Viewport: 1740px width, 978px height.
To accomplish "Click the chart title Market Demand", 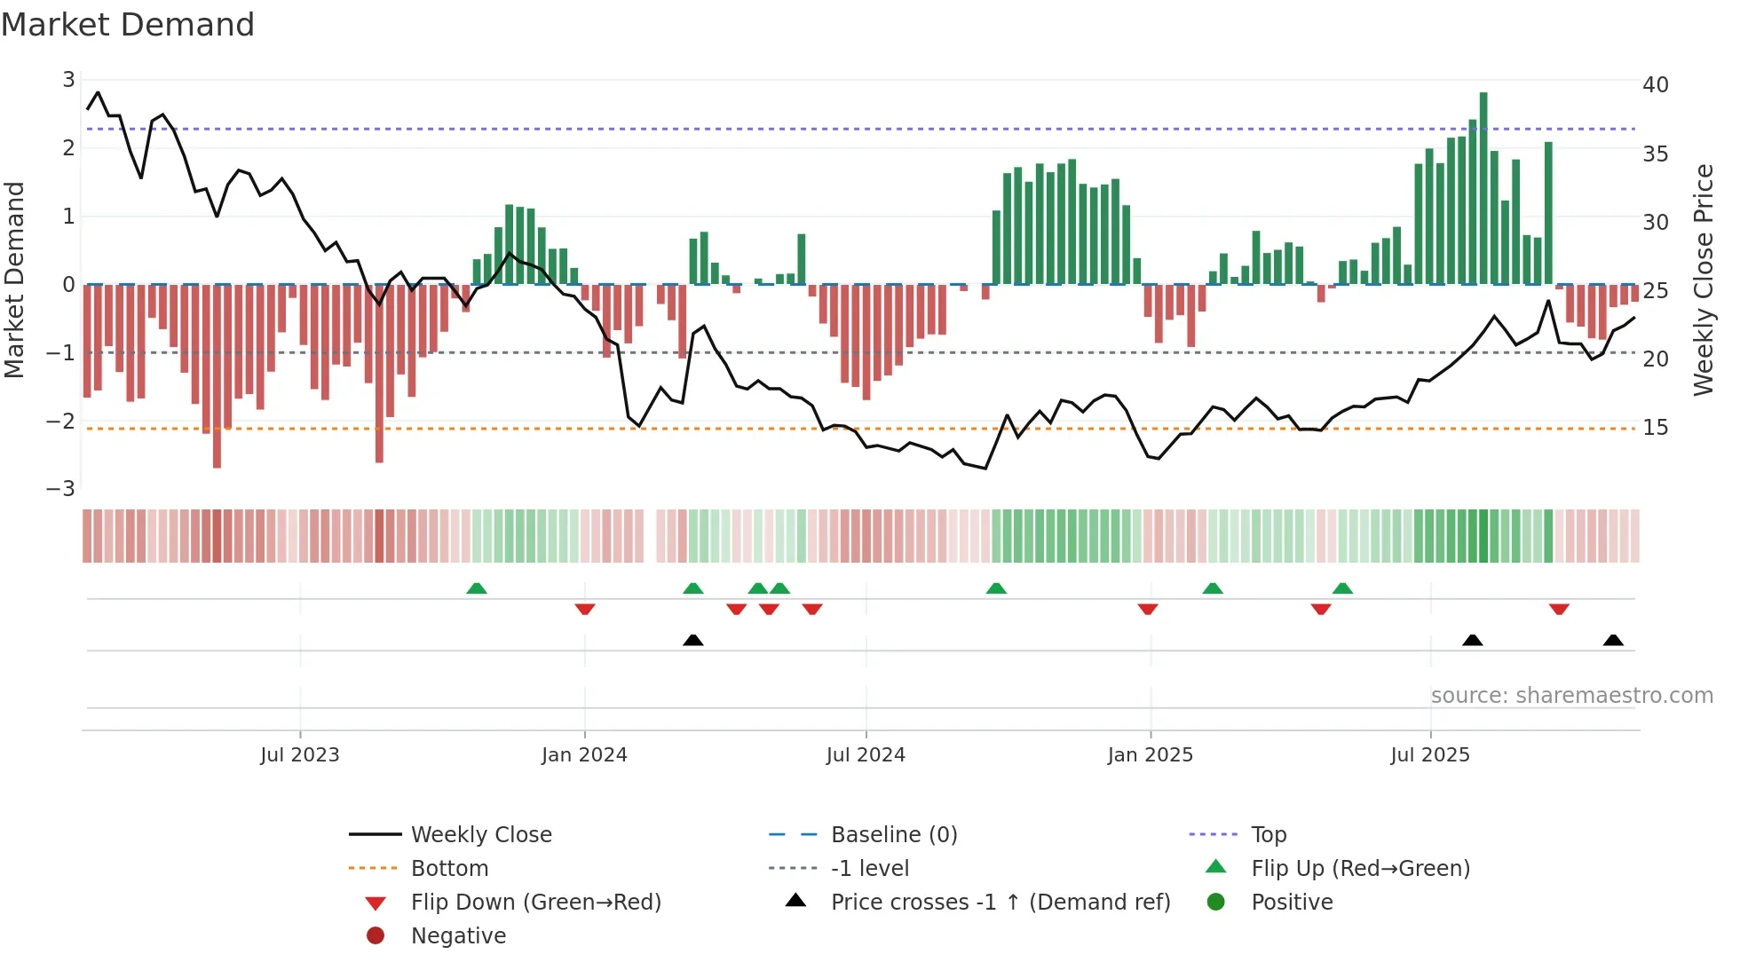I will [x=128, y=25].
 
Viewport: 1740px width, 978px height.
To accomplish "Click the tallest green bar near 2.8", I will [x=1483, y=186].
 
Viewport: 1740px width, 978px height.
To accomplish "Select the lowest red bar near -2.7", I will [x=217, y=377].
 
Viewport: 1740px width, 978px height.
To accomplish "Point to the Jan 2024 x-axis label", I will [x=584, y=755].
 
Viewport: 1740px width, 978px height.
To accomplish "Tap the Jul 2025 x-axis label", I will [x=1429, y=755].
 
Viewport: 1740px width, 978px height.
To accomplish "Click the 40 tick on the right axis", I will [x=1655, y=85].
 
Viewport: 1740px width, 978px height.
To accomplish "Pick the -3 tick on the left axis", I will [x=61, y=489].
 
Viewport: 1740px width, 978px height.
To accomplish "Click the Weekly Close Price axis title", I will [x=1703, y=280].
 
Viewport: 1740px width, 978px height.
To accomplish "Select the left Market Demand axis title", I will [x=14, y=280].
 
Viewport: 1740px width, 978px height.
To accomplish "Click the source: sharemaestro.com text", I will [x=1571, y=696].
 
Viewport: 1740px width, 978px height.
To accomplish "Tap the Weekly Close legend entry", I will [x=480, y=835].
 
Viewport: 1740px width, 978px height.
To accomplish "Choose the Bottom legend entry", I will [x=449, y=869].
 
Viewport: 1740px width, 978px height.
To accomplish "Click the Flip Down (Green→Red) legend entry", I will [x=535, y=903].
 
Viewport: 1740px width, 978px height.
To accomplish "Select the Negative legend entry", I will [x=458, y=936].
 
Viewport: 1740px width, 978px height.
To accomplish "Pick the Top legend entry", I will [x=1268, y=835].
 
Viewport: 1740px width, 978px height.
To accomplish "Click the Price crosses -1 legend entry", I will [x=1000, y=903].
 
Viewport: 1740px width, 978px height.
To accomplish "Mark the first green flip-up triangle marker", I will [x=477, y=588].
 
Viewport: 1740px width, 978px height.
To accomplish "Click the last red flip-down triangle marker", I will [x=1559, y=609].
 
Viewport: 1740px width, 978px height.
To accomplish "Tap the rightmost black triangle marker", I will [x=1613, y=640].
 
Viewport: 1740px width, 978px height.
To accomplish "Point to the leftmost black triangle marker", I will [x=693, y=640].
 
